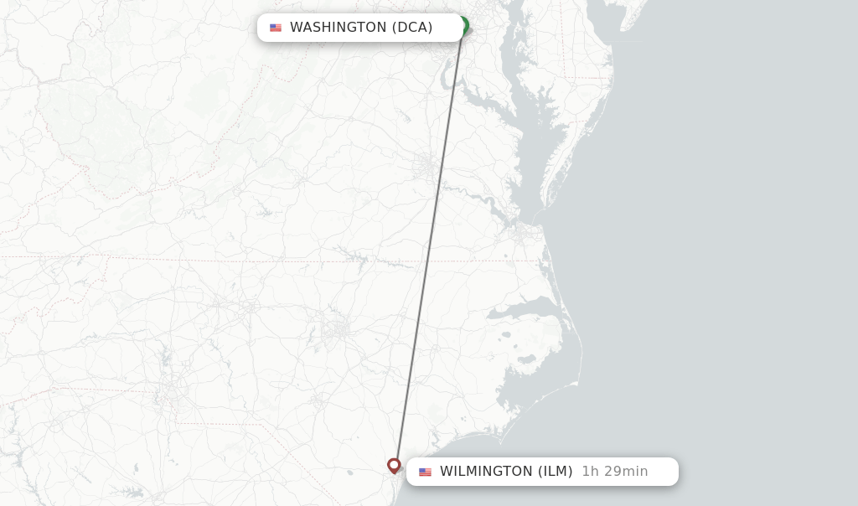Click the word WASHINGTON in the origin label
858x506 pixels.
[338, 28]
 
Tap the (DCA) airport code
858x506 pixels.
[412, 28]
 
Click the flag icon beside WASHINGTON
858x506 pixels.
[276, 28]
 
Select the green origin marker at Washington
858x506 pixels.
[463, 25]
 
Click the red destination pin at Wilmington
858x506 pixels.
[394, 465]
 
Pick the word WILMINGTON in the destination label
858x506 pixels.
[486, 472]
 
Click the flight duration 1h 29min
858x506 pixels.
[614, 472]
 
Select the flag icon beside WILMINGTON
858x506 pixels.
[425, 472]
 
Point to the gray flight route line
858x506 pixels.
[428, 251]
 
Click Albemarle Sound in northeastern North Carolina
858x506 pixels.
[519, 312]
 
